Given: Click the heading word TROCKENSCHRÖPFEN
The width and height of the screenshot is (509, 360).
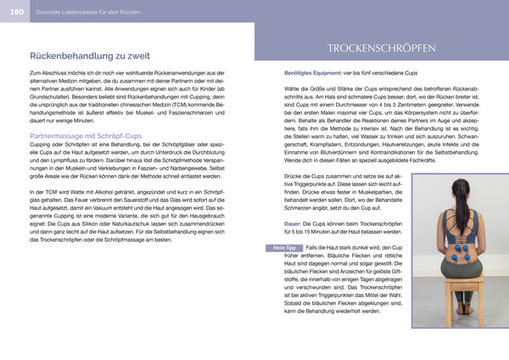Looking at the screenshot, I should [380, 48].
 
